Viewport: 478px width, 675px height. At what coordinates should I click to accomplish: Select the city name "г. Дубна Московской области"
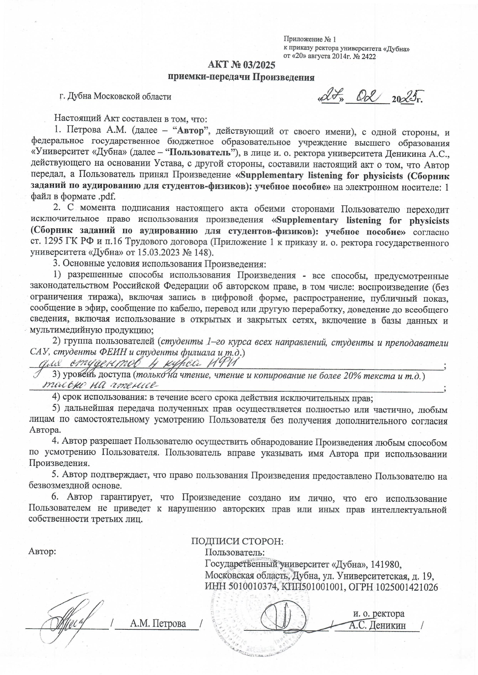tap(115, 96)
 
